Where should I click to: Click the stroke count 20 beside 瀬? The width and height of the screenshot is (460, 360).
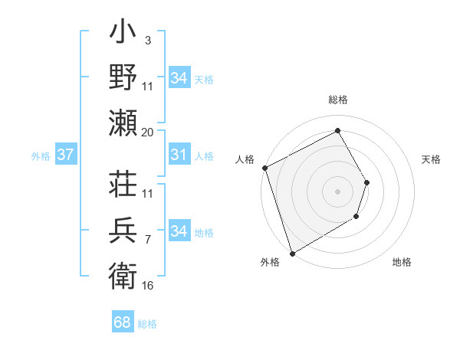click(x=148, y=133)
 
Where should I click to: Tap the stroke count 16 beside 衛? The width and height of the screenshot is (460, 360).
click(x=148, y=286)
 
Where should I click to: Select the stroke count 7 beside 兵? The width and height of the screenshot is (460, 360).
click(x=148, y=240)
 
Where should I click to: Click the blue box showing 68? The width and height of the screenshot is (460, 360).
click(x=123, y=322)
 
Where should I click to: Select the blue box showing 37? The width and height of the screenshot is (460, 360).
click(x=65, y=155)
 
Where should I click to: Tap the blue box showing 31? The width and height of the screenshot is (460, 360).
click(x=179, y=155)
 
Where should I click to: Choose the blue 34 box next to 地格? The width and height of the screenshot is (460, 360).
click(x=179, y=231)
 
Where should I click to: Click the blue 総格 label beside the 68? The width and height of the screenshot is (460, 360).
click(x=147, y=324)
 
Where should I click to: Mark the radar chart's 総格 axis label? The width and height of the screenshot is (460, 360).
click(x=337, y=100)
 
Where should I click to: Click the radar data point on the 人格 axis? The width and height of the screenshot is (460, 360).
click(x=264, y=168)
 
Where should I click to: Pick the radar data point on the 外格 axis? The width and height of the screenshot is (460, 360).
click(x=292, y=253)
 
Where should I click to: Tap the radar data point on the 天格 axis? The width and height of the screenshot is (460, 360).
click(x=367, y=182)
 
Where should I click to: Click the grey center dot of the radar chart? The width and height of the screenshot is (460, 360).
click(x=337, y=191)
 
